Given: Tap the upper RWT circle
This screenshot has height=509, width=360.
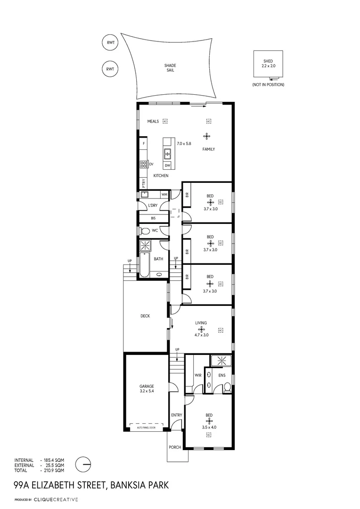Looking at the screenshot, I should (x=110, y=43).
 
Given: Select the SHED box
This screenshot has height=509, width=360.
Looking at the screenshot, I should (x=268, y=63).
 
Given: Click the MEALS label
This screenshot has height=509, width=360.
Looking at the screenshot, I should (x=153, y=121).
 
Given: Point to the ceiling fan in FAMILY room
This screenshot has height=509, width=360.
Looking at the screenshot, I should (x=207, y=137).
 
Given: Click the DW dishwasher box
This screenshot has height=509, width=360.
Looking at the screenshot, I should (x=167, y=165).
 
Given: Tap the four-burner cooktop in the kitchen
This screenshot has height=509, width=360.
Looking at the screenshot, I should (x=143, y=164).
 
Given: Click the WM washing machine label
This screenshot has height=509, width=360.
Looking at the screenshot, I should (x=164, y=194).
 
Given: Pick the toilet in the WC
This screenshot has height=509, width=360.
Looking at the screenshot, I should (x=145, y=231).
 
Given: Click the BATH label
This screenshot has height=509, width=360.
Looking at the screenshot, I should (x=158, y=258).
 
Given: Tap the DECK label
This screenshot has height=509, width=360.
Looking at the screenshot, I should (x=145, y=316).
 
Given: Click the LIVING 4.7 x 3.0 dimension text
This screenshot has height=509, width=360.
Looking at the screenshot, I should (x=202, y=335).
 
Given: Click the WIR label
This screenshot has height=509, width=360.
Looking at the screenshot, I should (x=198, y=376).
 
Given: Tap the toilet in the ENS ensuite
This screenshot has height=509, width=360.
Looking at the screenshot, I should (x=227, y=387).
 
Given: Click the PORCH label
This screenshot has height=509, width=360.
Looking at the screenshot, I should (x=174, y=447).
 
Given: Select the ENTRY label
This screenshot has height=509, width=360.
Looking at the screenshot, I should (x=176, y=415).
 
